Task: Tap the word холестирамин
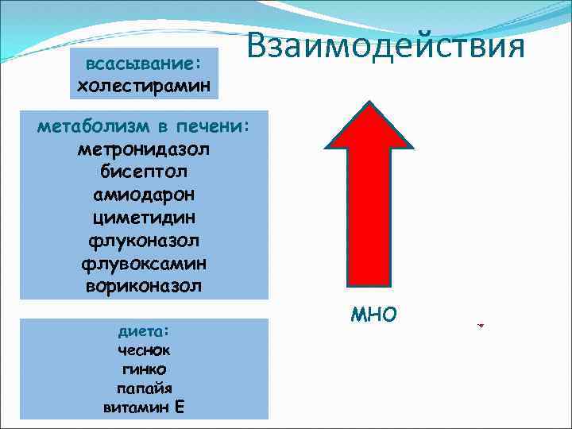tap(144, 84)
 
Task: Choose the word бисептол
tap(144, 172)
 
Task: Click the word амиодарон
tap(144, 194)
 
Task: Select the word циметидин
tap(144, 217)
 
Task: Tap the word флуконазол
tap(144, 239)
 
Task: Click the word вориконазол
tap(144, 284)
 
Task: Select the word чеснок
tap(144, 350)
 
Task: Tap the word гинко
tap(144, 369)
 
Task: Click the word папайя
tap(144, 388)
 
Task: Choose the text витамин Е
tap(144, 408)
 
